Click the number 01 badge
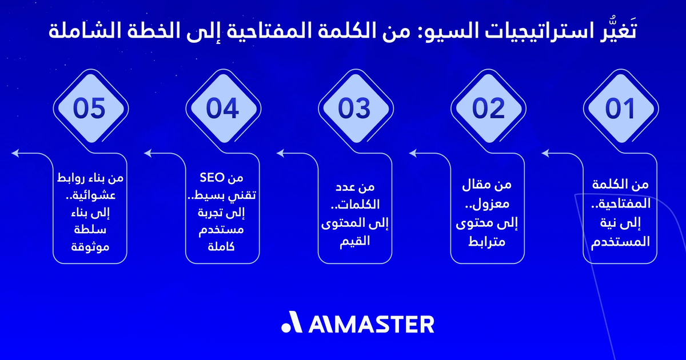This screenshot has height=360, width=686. point(620,109)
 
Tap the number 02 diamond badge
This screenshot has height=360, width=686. point(488,109)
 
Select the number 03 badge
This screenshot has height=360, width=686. point(355,109)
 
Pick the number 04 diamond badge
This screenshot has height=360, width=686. point(222,109)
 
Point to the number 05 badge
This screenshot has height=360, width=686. point(90,109)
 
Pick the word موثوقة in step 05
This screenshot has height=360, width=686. point(90,247)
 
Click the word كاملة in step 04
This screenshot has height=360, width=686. point(222,247)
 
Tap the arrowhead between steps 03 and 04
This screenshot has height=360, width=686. point(281,153)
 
